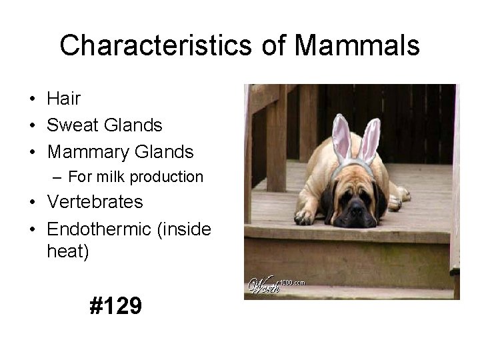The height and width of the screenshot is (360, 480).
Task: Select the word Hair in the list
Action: click(63, 99)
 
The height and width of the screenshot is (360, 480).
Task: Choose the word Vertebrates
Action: click(95, 202)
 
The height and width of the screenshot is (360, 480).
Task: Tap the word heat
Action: click(67, 252)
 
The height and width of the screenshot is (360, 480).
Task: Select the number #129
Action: click(115, 306)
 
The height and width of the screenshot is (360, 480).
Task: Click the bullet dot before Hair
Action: click(32, 99)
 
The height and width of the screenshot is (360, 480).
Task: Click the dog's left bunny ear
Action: click(341, 136)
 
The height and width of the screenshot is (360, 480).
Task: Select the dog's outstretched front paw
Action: click(304, 216)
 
